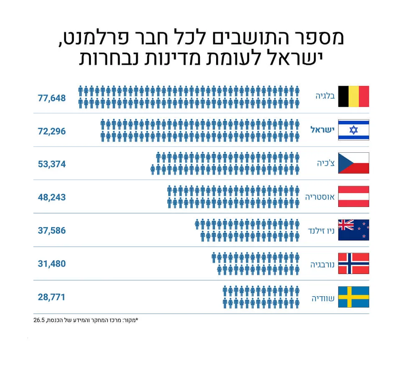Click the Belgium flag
coord(353,96)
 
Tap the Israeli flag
coord(353,130)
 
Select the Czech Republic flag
coord(353,163)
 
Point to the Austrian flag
coord(353,197)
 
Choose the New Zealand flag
coord(353,230)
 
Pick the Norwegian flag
coord(353,263)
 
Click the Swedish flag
coord(353,297)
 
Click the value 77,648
coord(52,98)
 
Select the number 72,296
coord(52,131)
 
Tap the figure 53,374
coord(52,164)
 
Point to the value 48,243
coord(52,197)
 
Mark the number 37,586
coord(52,231)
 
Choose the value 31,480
coord(52,264)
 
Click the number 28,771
coord(51,297)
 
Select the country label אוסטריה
coord(320,197)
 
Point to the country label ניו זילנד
coord(321,231)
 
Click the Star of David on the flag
coord(353,130)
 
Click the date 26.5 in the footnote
coord(39,320)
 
